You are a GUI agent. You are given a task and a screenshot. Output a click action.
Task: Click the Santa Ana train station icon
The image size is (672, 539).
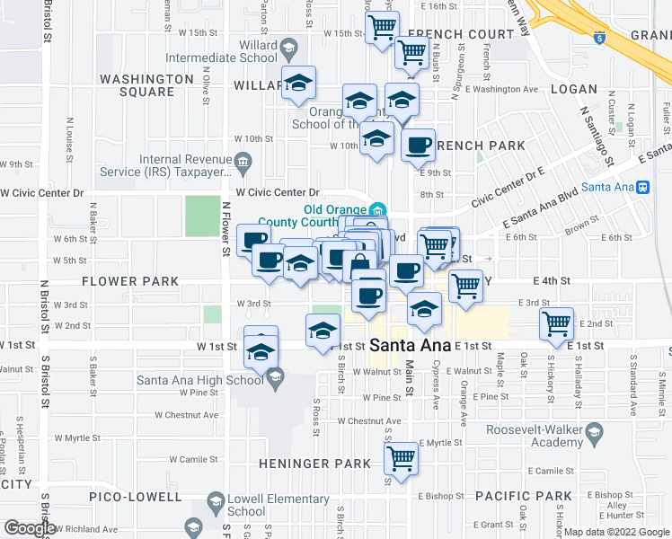642,187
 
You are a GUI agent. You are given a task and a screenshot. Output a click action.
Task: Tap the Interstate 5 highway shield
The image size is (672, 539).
598,38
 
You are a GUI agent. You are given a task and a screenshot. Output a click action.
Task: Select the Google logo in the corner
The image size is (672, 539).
30,528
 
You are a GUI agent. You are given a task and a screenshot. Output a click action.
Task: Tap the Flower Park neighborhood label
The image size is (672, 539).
130,281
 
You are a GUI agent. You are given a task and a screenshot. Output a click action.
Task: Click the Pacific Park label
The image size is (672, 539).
524,496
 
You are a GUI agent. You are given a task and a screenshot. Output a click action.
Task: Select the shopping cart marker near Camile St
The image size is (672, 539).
401,458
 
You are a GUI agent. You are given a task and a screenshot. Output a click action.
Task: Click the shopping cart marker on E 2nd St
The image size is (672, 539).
556,323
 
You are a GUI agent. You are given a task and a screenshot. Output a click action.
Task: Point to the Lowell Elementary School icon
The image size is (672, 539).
216,501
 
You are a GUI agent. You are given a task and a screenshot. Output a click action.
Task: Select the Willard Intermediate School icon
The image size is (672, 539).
288,47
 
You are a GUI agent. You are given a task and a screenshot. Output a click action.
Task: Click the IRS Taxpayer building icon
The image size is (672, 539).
243,161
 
